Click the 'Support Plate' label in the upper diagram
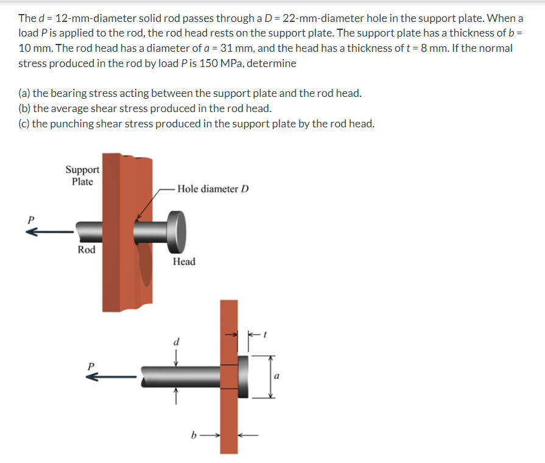pos(82,175)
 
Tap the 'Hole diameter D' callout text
pos(213,188)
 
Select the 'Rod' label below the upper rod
pos(86,249)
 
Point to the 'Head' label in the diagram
pos(184,261)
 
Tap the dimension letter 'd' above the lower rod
pos(177,342)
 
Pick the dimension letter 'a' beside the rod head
pos(277,376)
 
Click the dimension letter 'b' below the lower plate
pos(194,436)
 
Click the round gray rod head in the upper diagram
pos(178,231)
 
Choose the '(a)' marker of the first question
pos(24,93)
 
